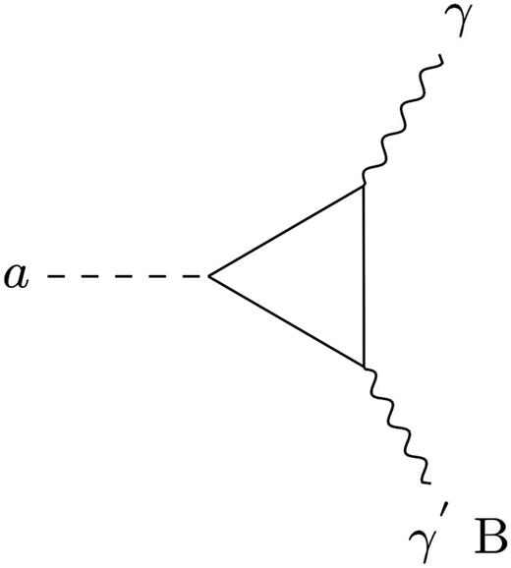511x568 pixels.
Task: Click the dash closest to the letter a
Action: pos(60,277)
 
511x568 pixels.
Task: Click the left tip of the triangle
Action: pos(209,277)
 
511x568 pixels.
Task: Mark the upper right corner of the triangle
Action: pos(365,184)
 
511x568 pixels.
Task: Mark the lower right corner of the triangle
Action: pos(365,367)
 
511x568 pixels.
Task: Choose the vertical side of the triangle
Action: pos(365,275)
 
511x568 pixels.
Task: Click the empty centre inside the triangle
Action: pos(314,276)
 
